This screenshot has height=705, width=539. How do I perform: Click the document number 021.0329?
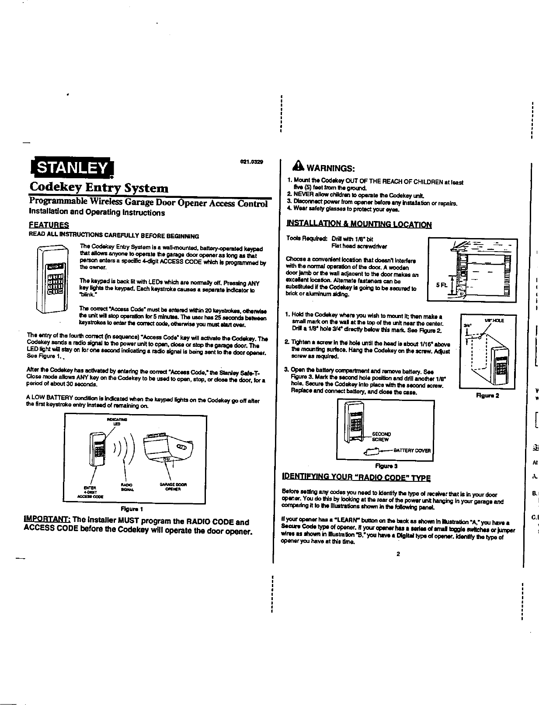[252, 162]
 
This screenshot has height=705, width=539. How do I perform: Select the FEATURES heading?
[48, 225]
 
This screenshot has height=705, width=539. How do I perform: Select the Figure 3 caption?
[386, 466]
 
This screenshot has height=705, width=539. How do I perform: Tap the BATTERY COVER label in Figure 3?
[412, 450]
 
